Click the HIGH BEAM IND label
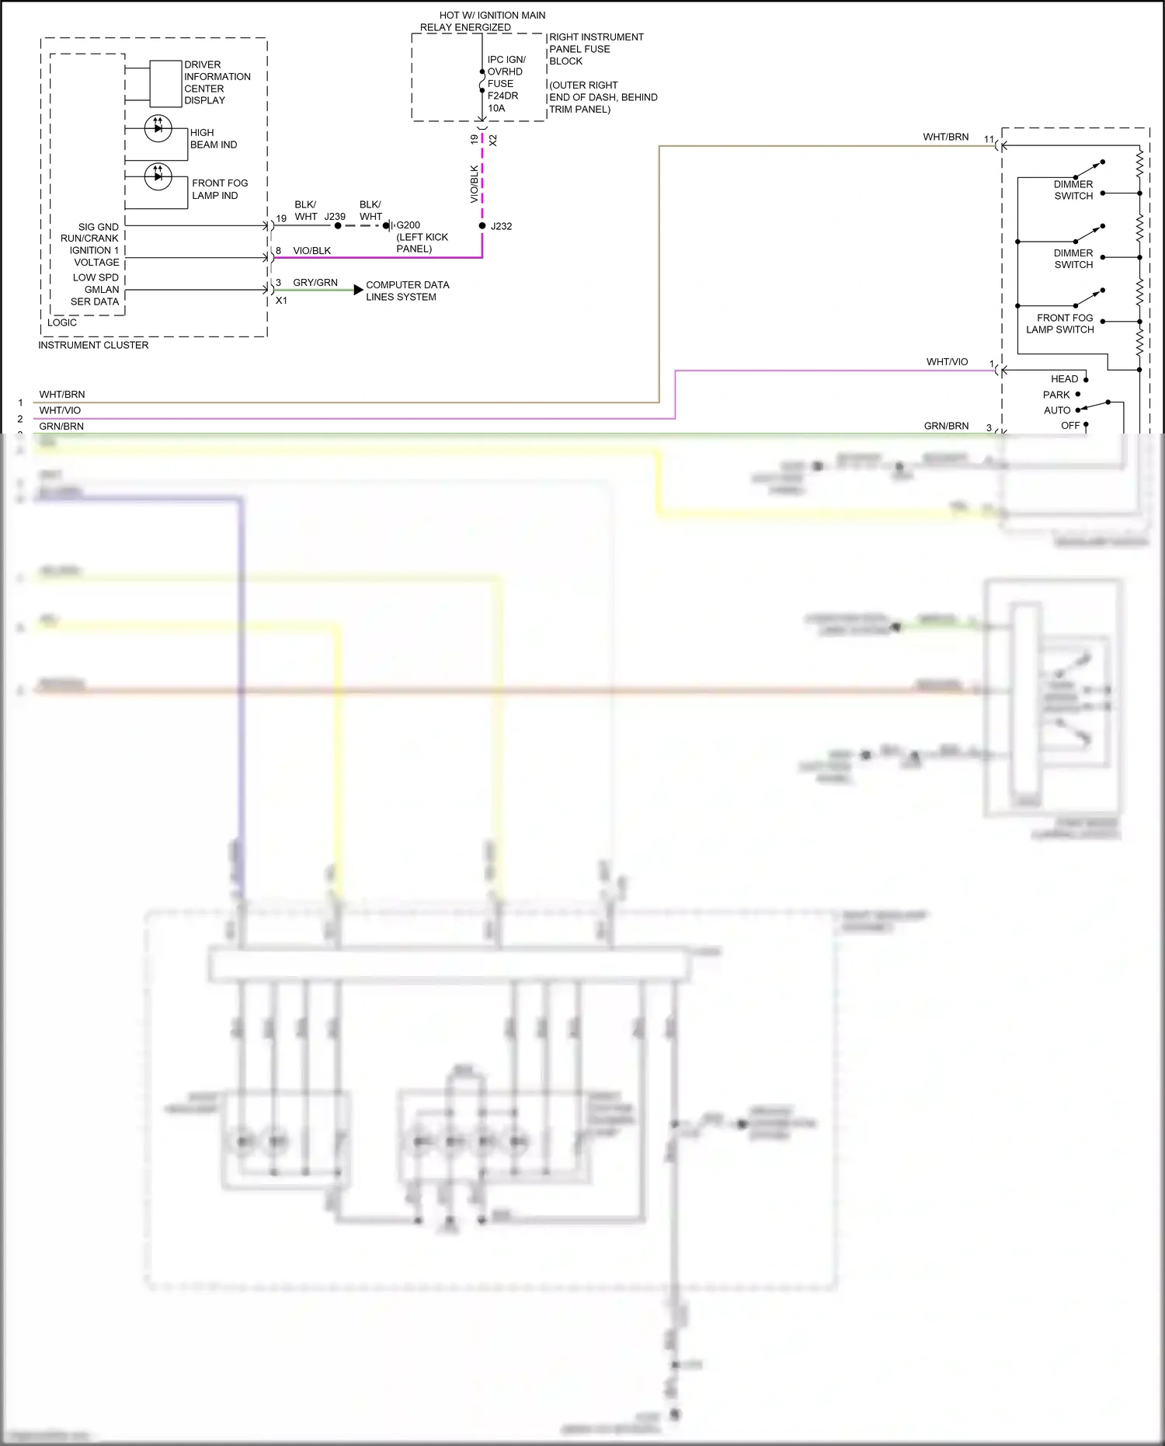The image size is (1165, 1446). coord(213,139)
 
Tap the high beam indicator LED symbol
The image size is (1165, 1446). coord(158,128)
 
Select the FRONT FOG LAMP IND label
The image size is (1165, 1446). coord(219,189)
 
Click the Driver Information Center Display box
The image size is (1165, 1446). coord(165,83)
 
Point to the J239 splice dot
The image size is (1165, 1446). coord(337,226)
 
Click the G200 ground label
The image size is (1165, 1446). coord(409,225)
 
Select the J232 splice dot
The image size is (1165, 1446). coord(482,226)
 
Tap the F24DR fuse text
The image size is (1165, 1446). coord(503,96)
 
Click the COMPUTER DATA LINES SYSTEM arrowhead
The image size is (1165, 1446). coord(358,290)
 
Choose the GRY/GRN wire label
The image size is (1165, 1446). coord(315,283)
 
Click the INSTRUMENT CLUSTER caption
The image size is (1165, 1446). coord(93,345)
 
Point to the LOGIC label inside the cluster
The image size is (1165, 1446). coord(62,322)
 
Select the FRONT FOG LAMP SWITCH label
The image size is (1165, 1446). coord(1060,324)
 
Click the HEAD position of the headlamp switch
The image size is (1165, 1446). coord(1064,379)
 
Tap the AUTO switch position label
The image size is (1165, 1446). coord(1057,410)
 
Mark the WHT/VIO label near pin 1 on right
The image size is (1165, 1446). coord(947,362)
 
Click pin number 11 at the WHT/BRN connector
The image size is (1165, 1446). coord(989,140)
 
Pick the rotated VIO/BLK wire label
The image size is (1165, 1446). coord(475,184)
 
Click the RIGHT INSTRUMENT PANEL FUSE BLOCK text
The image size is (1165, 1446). coord(596,49)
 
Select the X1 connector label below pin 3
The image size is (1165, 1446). coord(281,301)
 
